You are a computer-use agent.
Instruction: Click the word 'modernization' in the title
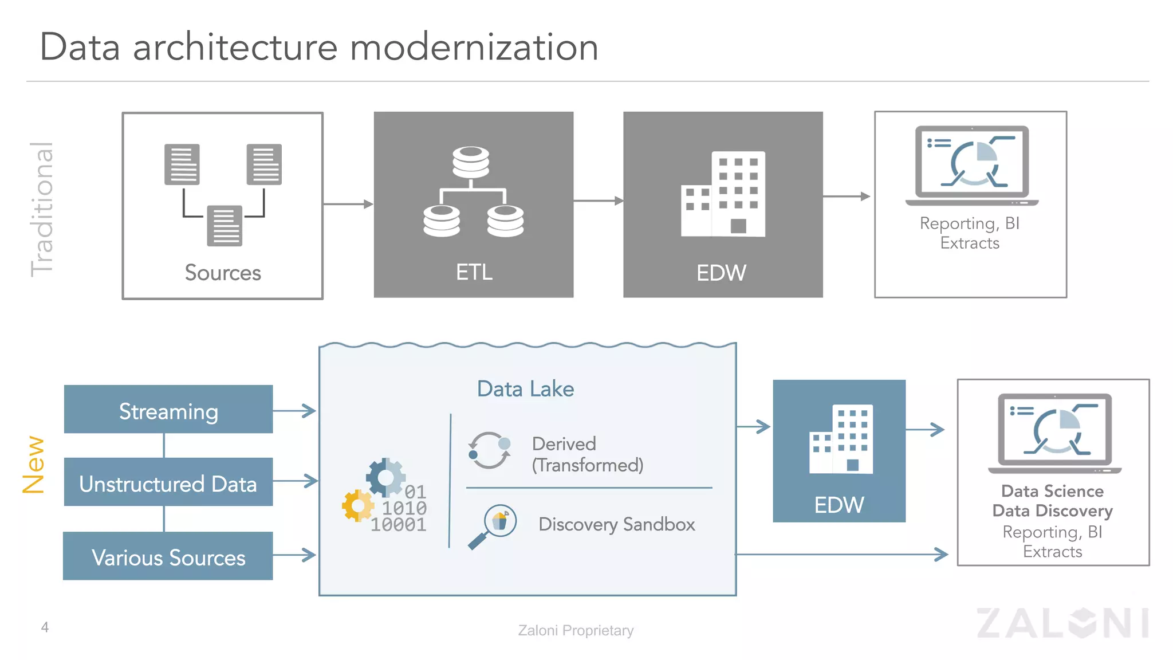[x=474, y=48]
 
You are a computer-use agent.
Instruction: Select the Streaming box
[x=168, y=410]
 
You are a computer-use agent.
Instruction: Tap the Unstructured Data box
[x=168, y=482]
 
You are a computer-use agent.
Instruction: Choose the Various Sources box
[x=168, y=556]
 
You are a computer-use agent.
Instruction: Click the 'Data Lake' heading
[x=525, y=389]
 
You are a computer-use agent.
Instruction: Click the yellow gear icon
[x=357, y=505]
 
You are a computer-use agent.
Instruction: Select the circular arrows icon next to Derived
[x=489, y=450]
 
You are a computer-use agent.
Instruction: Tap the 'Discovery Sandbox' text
[x=616, y=524]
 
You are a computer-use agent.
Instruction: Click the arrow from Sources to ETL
[x=348, y=204]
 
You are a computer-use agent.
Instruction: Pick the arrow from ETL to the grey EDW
[x=598, y=201]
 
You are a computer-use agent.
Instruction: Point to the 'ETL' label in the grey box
[x=474, y=272]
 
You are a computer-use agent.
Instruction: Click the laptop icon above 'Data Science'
[x=1054, y=433]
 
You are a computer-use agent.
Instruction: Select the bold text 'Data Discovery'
[x=1052, y=510]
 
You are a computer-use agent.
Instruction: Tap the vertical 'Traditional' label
[x=42, y=209]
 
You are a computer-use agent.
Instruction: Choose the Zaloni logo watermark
[x=1062, y=623]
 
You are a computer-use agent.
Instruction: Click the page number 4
[x=45, y=627]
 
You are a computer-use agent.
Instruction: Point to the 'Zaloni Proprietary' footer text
[x=575, y=630]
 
